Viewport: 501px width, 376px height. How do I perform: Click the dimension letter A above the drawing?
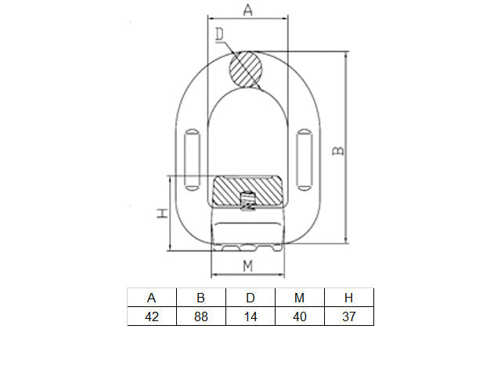(248, 9)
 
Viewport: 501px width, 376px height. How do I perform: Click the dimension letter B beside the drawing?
(338, 150)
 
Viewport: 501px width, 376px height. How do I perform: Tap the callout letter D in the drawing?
(219, 34)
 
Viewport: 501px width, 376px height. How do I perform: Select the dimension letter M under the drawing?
(247, 266)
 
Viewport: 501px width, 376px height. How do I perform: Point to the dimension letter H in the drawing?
(162, 213)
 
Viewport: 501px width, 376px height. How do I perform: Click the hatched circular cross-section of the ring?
(246, 70)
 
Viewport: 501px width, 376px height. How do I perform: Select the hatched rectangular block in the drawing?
(247, 191)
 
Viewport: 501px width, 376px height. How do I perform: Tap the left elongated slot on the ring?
(192, 160)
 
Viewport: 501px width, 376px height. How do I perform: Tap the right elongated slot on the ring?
(305, 160)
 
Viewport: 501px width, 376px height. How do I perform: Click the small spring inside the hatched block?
(247, 201)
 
